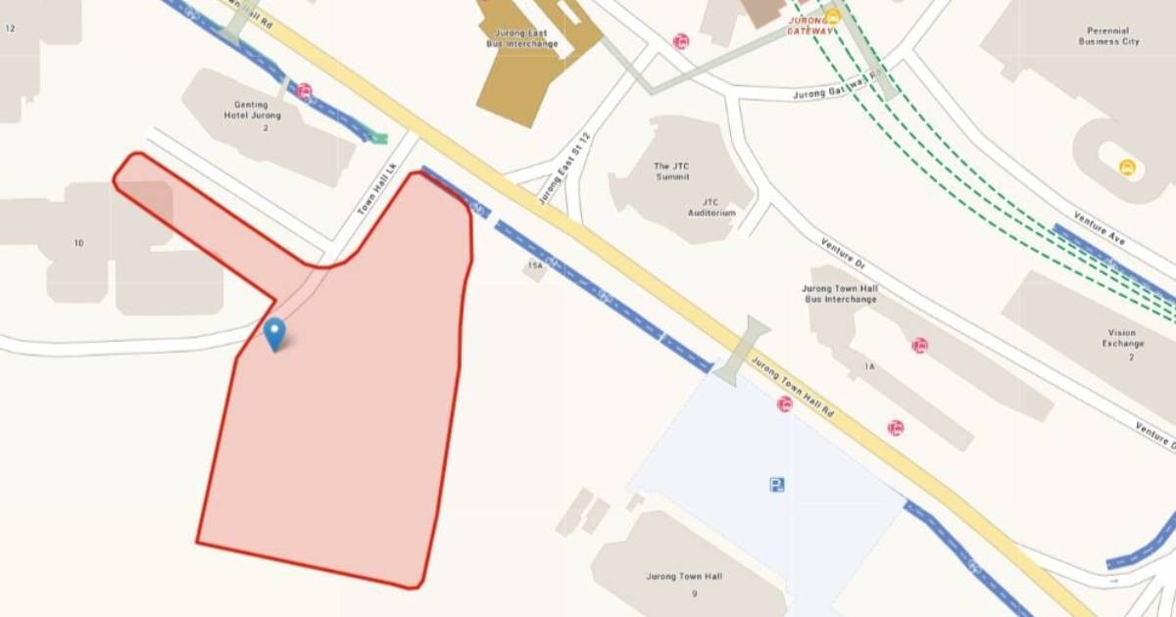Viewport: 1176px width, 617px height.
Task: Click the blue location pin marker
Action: (275, 333)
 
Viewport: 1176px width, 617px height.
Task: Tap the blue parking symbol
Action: (777, 484)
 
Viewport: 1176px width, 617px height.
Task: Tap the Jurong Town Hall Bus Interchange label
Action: (840, 294)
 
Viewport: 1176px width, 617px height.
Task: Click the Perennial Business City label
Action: (1108, 36)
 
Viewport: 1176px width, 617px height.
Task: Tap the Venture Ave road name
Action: (1097, 228)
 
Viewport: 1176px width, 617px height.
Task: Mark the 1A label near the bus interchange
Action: (869, 366)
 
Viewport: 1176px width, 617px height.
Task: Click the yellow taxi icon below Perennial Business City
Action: (1127, 167)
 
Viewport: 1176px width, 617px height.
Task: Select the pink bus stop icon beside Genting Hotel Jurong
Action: (305, 92)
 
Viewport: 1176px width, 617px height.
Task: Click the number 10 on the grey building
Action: (78, 242)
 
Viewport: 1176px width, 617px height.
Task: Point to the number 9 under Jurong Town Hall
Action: (694, 593)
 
